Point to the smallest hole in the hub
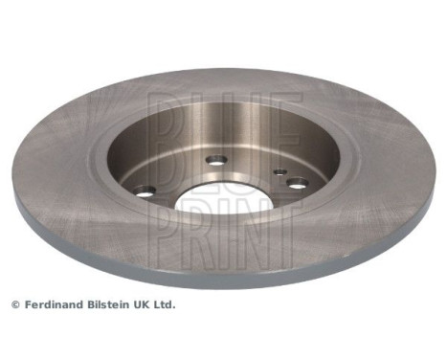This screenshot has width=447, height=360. tap(279, 173)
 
